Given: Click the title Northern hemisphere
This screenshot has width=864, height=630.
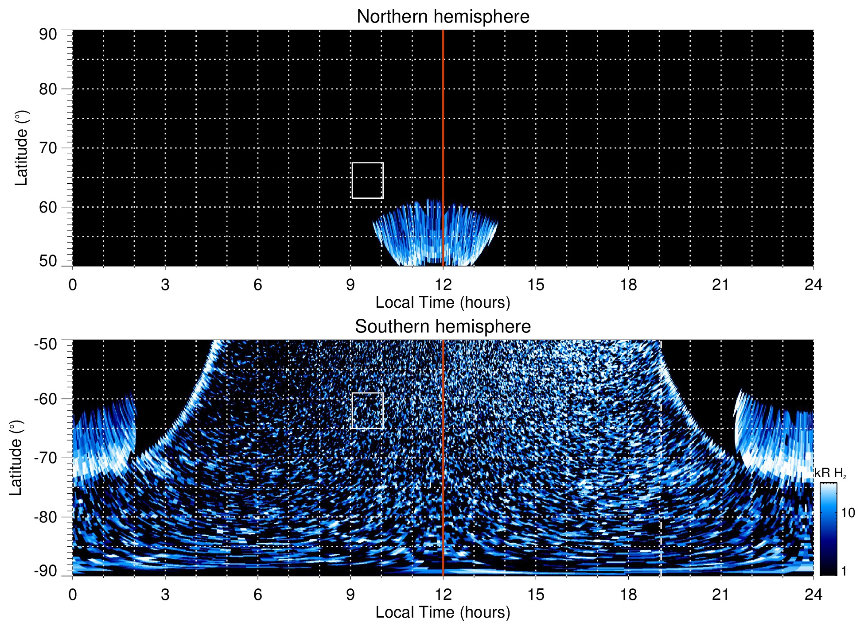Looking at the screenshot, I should [x=443, y=17].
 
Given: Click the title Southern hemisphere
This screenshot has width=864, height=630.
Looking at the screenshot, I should [x=443, y=327].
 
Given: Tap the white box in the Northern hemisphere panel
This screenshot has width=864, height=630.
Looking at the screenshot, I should [x=367, y=181].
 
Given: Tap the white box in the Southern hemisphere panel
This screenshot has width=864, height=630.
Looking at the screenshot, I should [x=367, y=410].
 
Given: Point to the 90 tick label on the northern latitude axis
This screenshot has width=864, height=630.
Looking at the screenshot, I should [x=48, y=35].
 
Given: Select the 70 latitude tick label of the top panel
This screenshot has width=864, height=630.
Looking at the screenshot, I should [x=48, y=148].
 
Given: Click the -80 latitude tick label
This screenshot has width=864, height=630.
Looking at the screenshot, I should [x=46, y=517].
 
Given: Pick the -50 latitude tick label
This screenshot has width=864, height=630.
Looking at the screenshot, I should [x=46, y=344].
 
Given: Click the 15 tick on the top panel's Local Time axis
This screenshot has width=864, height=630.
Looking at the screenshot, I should [x=536, y=285].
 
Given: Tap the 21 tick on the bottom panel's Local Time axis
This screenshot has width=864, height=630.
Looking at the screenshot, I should [x=721, y=595].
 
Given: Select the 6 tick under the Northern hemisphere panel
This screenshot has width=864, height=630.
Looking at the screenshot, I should [x=258, y=285].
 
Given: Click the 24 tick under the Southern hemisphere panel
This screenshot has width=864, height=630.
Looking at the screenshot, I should [x=813, y=595].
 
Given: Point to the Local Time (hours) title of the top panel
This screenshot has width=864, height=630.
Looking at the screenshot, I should [x=443, y=303].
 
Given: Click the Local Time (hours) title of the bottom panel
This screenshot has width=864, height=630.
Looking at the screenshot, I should [x=443, y=613].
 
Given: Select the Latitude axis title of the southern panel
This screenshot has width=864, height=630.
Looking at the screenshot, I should [x=16, y=458].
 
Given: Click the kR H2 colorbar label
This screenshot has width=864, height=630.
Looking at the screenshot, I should [x=830, y=474].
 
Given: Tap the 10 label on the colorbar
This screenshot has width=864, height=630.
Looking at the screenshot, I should [x=848, y=513].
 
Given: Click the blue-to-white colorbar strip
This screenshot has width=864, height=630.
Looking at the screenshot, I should [x=828, y=529].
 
